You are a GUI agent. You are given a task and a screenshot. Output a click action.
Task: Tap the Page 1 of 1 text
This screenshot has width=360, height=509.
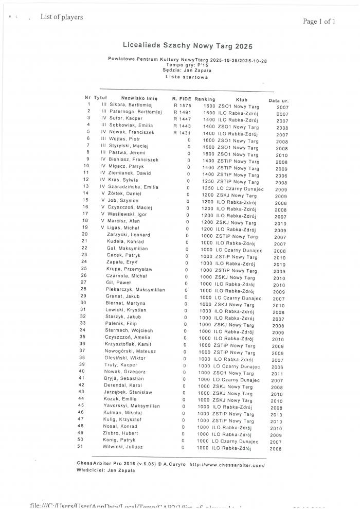click(319, 22)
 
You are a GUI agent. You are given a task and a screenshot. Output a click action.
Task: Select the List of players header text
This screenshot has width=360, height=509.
click(62, 17)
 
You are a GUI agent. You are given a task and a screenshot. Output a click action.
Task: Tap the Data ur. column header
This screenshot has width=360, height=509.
click(278, 100)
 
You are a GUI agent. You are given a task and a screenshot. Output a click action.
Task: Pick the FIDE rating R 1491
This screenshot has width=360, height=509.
click(182, 112)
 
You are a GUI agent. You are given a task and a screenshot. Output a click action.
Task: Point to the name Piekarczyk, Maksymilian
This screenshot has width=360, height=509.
click(135, 290)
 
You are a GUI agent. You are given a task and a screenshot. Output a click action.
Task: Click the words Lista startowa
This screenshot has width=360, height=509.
click(187, 77)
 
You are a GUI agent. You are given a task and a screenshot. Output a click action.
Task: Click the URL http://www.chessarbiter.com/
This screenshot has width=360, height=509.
click(227, 465)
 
